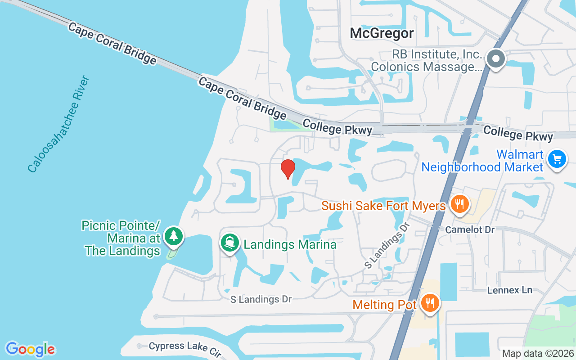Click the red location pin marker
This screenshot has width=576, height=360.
point(288,169)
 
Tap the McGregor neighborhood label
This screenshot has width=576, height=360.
point(382,33)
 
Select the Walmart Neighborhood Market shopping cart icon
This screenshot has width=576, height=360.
point(557,159)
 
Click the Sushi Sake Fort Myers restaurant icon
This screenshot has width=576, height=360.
point(459,205)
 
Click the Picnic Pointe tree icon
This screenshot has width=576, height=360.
point(173,236)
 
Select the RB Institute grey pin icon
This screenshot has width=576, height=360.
point(495,59)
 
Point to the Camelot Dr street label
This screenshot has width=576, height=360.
point(469,230)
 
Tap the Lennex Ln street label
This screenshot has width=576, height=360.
point(510,290)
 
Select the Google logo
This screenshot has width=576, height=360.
point(30,349)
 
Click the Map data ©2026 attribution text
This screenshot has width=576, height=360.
point(538,353)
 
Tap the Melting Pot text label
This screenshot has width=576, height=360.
point(385,305)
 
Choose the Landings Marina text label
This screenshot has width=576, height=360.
point(290,244)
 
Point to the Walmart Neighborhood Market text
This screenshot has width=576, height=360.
point(482,161)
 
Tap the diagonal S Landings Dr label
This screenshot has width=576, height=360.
point(387,245)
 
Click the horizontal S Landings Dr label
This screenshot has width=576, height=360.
point(261,299)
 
